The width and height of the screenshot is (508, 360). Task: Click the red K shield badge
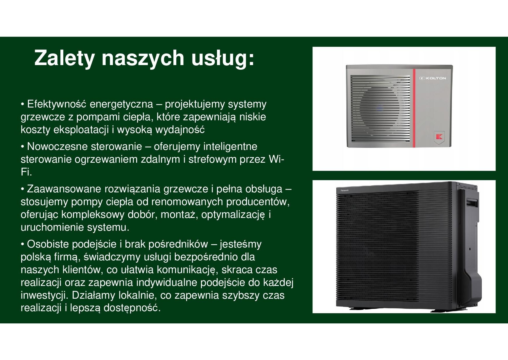click(x=439, y=137)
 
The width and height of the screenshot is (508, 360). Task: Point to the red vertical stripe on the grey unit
click(x=414, y=108)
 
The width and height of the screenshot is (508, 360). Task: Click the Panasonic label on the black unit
click(x=345, y=191)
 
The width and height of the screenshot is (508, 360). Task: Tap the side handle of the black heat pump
click(x=472, y=202)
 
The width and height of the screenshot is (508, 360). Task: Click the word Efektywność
click(x=57, y=104)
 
